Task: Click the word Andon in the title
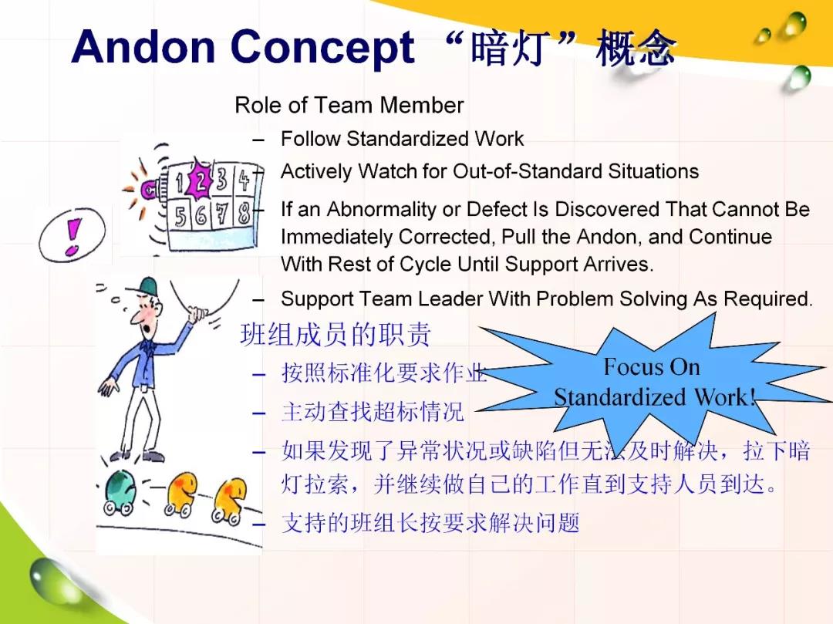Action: (143, 46)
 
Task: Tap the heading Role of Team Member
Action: (349, 105)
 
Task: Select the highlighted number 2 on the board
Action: (201, 180)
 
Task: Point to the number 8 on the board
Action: (244, 214)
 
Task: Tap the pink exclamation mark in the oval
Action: (73, 237)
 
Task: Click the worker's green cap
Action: (148, 286)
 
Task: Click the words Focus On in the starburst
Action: (652, 367)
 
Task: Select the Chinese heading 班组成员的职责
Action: (336, 335)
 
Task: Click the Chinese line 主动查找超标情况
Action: (373, 412)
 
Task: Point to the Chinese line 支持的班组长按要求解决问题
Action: (430, 523)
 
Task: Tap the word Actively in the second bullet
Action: (317, 172)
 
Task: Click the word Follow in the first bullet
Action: (311, 139)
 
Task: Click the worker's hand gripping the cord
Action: (197, 315)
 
